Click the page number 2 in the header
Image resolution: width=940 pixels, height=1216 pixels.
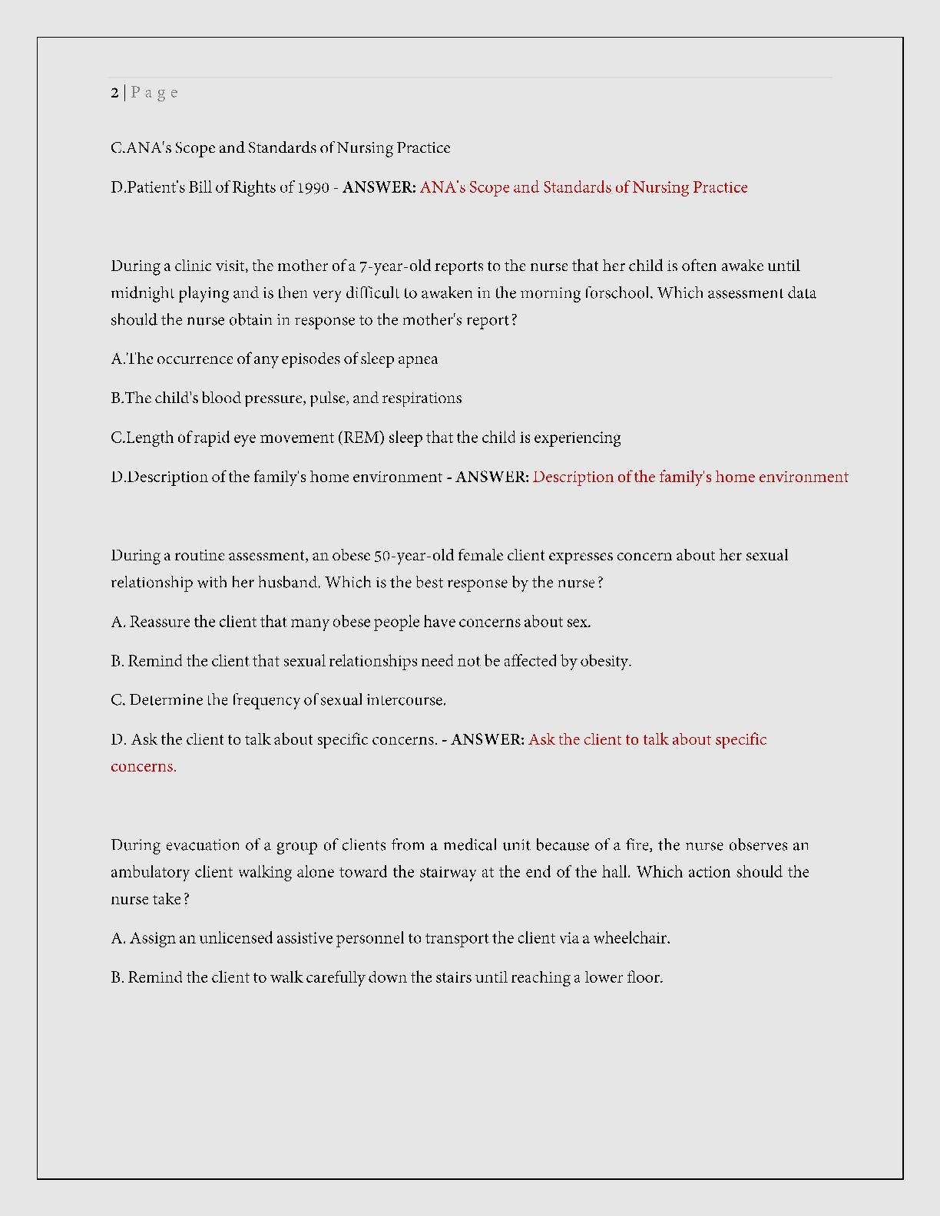click(x=114, y=93)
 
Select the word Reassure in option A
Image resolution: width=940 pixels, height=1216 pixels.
click(x=160, y=622)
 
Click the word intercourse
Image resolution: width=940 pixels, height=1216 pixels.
click(x=406, y=700)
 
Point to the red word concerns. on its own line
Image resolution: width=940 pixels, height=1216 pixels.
click(x=144, y=766)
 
